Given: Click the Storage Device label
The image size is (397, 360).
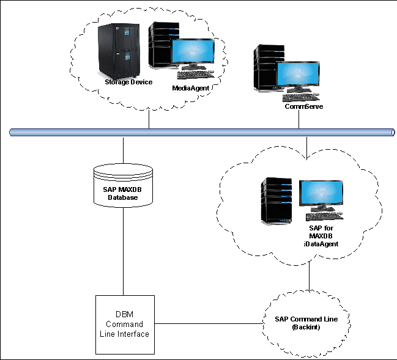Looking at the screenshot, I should pos(128,82).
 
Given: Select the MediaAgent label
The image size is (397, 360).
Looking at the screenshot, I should pos(191,88).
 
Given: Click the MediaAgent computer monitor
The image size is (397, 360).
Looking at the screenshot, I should pos(193,54).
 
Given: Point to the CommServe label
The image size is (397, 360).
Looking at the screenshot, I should pos(303,106).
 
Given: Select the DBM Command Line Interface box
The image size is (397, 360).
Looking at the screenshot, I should pos(124,324).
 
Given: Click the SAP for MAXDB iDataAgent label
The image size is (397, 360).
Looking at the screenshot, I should pos(321,235).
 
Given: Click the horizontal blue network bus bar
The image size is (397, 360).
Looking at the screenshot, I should pos(202,132).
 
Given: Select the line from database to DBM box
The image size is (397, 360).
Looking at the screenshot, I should pos(124,257).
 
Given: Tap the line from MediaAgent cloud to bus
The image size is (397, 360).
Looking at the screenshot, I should pos(149,120).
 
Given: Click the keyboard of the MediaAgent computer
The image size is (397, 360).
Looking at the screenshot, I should pos(199,75).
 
